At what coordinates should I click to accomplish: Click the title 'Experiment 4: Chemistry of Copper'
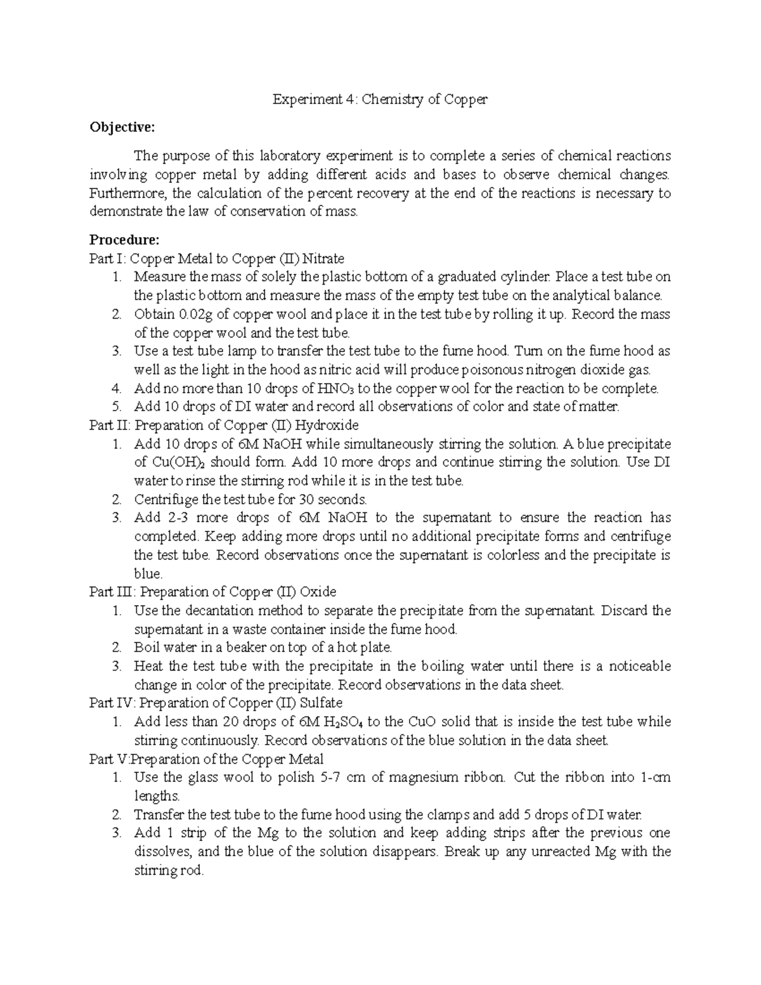coord(380,100)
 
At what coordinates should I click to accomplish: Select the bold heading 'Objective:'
coord(122,127)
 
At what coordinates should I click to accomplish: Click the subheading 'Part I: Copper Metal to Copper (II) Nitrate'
coord(217,259)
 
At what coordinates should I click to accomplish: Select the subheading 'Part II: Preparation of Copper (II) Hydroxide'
coord(224,425)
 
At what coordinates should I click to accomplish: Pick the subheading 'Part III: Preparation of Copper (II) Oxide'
coord(212,592)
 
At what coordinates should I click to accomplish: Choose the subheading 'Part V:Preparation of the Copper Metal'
coord(206,759)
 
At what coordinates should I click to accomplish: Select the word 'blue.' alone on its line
coord(148,574)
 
